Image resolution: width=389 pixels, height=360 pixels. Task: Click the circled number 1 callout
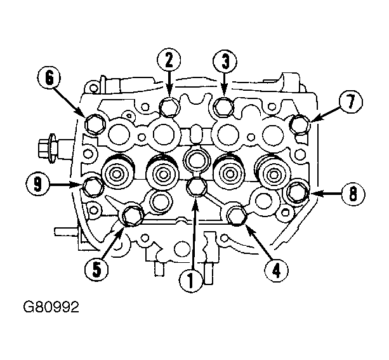[190, 281]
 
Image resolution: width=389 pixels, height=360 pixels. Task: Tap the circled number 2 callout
[169, 60]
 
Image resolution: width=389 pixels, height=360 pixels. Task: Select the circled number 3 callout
[225, 62]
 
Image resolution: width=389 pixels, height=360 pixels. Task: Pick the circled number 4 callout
[276, 270]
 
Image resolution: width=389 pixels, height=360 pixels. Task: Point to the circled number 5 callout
[96, 269]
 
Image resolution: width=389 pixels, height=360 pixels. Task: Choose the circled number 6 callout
[49, 79]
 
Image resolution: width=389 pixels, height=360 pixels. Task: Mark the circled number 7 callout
[351, 102]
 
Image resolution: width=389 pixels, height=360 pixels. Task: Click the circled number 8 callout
[353, 194]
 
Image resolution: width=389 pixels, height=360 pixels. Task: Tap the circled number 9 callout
[37, 184]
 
